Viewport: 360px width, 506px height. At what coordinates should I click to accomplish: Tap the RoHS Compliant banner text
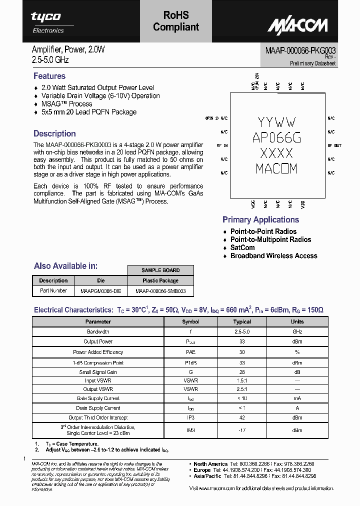(175, 21)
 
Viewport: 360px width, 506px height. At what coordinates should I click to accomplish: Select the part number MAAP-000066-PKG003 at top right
(300, 50)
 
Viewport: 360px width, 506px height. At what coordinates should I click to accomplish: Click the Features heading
(49, 76)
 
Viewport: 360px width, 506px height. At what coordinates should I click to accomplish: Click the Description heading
(54, 133)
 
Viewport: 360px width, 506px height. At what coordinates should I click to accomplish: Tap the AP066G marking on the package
(276, 137)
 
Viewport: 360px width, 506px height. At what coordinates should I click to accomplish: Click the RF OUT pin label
(334, 145)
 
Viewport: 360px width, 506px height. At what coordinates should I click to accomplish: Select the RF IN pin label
(222, 145)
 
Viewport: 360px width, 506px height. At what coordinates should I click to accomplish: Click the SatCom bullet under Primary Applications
(242, 247)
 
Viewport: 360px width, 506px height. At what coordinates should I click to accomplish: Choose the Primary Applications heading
(260, 219)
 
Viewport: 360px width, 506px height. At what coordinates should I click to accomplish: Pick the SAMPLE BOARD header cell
(160, 270)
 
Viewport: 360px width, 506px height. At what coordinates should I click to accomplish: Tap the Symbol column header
(190, 321)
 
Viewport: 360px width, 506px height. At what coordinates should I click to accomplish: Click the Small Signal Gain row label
(98, 372)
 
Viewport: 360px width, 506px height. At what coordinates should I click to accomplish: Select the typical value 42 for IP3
(242, 417)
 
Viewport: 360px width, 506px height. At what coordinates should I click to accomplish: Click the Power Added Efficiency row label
(98, 352)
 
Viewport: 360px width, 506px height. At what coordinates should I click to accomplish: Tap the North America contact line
(254, 464)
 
